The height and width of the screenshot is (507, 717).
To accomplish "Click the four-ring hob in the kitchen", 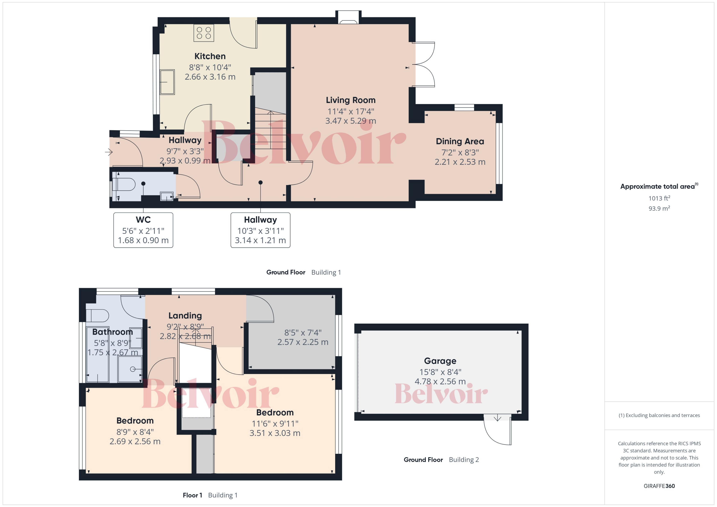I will tap(204, 33).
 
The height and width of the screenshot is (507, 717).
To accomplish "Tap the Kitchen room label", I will tap(210, 56).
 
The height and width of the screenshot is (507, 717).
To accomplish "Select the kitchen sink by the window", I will tap(167, 82).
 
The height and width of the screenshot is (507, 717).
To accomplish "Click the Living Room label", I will tap(351, 100).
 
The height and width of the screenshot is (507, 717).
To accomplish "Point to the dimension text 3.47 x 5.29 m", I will tap(351, 121).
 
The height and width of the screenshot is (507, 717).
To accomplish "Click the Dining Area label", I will tap(460, 141).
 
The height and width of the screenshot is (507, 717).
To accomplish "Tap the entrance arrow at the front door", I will tap(109, 152).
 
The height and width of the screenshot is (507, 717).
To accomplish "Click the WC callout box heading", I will tap(143, 220).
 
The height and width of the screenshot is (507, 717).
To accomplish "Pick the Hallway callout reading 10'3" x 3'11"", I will tap(260, 231).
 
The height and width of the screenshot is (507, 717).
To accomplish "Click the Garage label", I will tap(440, 361).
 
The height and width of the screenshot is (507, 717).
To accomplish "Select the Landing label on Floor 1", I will tap(185, 316).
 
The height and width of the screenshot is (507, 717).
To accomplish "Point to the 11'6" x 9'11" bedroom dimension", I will tap(275, 424).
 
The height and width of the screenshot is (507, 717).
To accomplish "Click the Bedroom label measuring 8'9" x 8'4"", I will tap(135, 421).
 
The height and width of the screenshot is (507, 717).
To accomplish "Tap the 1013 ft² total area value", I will tap(659, 198).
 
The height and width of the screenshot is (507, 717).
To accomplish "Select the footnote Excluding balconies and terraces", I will tap(659, 415).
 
